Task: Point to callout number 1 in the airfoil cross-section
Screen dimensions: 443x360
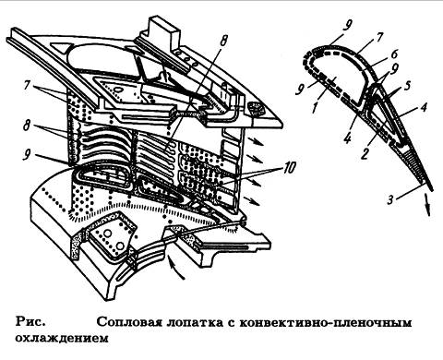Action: tap(314, 108)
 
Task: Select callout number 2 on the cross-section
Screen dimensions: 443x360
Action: tap(365, 153)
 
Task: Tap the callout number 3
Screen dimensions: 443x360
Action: tap(390, 200)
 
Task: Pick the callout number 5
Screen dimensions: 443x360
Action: tap(407, 86)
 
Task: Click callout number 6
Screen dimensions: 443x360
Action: tap(394, 54)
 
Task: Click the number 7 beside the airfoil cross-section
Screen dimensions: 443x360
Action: tap(378, 38)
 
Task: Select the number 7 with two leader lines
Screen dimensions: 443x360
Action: tap(27, 86)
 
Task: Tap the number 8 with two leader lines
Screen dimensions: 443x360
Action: tap(27, 126)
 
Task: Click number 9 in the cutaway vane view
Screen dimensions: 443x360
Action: tap(27, 155)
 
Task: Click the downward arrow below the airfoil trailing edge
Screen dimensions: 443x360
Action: tap(427, 205)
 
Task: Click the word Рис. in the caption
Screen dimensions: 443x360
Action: tap(30, 322)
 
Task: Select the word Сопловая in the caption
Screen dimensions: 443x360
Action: tap(128, 323)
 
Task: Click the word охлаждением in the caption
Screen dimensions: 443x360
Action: tap(62, 338)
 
